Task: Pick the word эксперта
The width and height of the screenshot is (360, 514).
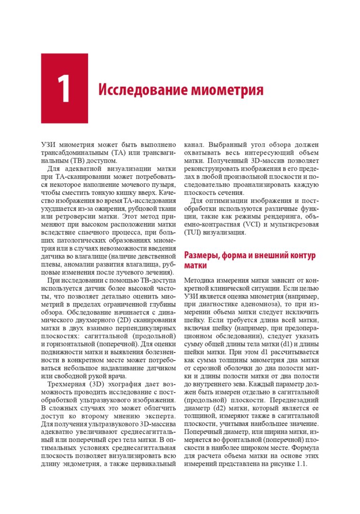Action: coord(161,416)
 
